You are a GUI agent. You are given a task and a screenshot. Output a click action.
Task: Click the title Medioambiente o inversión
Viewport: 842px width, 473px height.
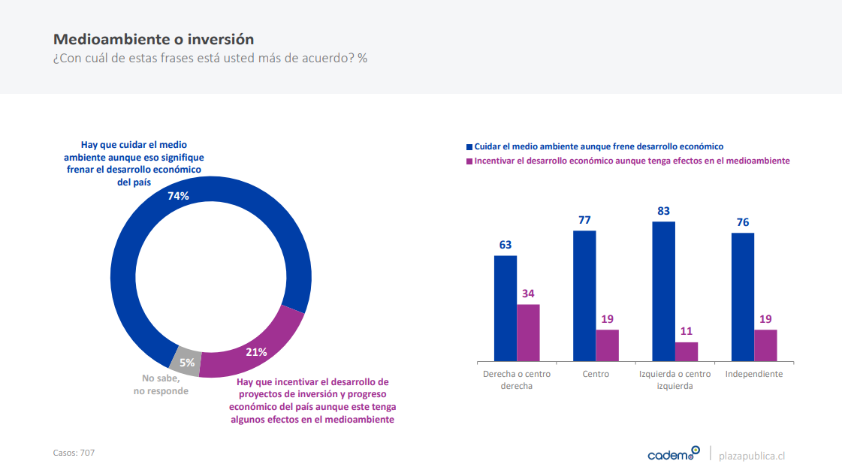[x=153, y=39]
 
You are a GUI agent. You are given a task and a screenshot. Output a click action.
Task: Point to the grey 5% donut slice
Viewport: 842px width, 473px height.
[x=186, y=361]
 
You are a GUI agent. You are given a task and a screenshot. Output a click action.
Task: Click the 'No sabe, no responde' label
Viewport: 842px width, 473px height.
[x=161, y=385]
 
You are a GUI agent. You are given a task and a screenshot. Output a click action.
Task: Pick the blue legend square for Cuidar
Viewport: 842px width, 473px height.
[x=469, y=147]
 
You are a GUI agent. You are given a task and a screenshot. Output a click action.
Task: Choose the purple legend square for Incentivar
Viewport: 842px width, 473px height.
[x=469, y=161]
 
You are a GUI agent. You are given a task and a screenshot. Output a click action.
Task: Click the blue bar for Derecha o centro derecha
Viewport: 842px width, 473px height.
[x=506, y=309]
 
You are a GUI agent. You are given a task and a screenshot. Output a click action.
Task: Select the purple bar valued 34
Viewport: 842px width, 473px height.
[x=528, y=333]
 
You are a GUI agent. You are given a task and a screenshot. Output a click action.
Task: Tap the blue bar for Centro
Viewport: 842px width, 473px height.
[x=584, y=296]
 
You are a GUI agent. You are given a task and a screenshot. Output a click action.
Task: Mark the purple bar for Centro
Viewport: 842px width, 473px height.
[x=607, y=345]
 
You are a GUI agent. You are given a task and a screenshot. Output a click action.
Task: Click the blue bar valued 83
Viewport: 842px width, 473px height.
[x=664, y=291]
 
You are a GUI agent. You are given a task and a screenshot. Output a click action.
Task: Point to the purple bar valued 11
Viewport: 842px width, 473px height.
[x=687, y=351]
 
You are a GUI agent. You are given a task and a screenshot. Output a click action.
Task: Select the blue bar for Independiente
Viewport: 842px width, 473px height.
[x=743, y=297]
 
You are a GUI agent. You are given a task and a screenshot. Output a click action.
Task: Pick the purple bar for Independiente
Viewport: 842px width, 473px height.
[x=765, y=345]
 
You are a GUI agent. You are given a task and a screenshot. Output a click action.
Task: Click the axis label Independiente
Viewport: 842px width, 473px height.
[x=754, y=374]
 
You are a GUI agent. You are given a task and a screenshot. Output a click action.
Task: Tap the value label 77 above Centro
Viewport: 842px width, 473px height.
[x=584, y=220]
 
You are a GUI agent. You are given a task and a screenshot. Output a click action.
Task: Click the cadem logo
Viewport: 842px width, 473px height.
[x=673, y=453]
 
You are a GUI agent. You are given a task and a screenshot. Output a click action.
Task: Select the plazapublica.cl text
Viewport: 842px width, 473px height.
[x=752, y=456]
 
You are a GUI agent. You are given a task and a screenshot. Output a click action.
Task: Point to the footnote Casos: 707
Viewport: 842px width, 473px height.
[x=74, y=453]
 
